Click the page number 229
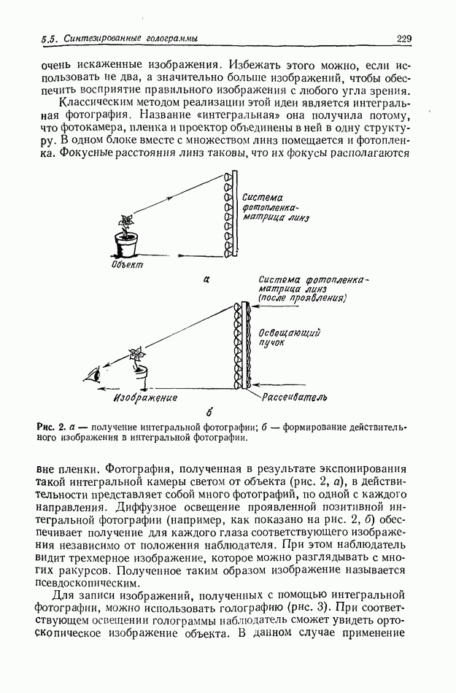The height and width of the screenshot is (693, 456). pyautogui.click(x=405, y=38)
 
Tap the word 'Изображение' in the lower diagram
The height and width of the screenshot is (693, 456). pyautogui.click(x=146, y=398)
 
